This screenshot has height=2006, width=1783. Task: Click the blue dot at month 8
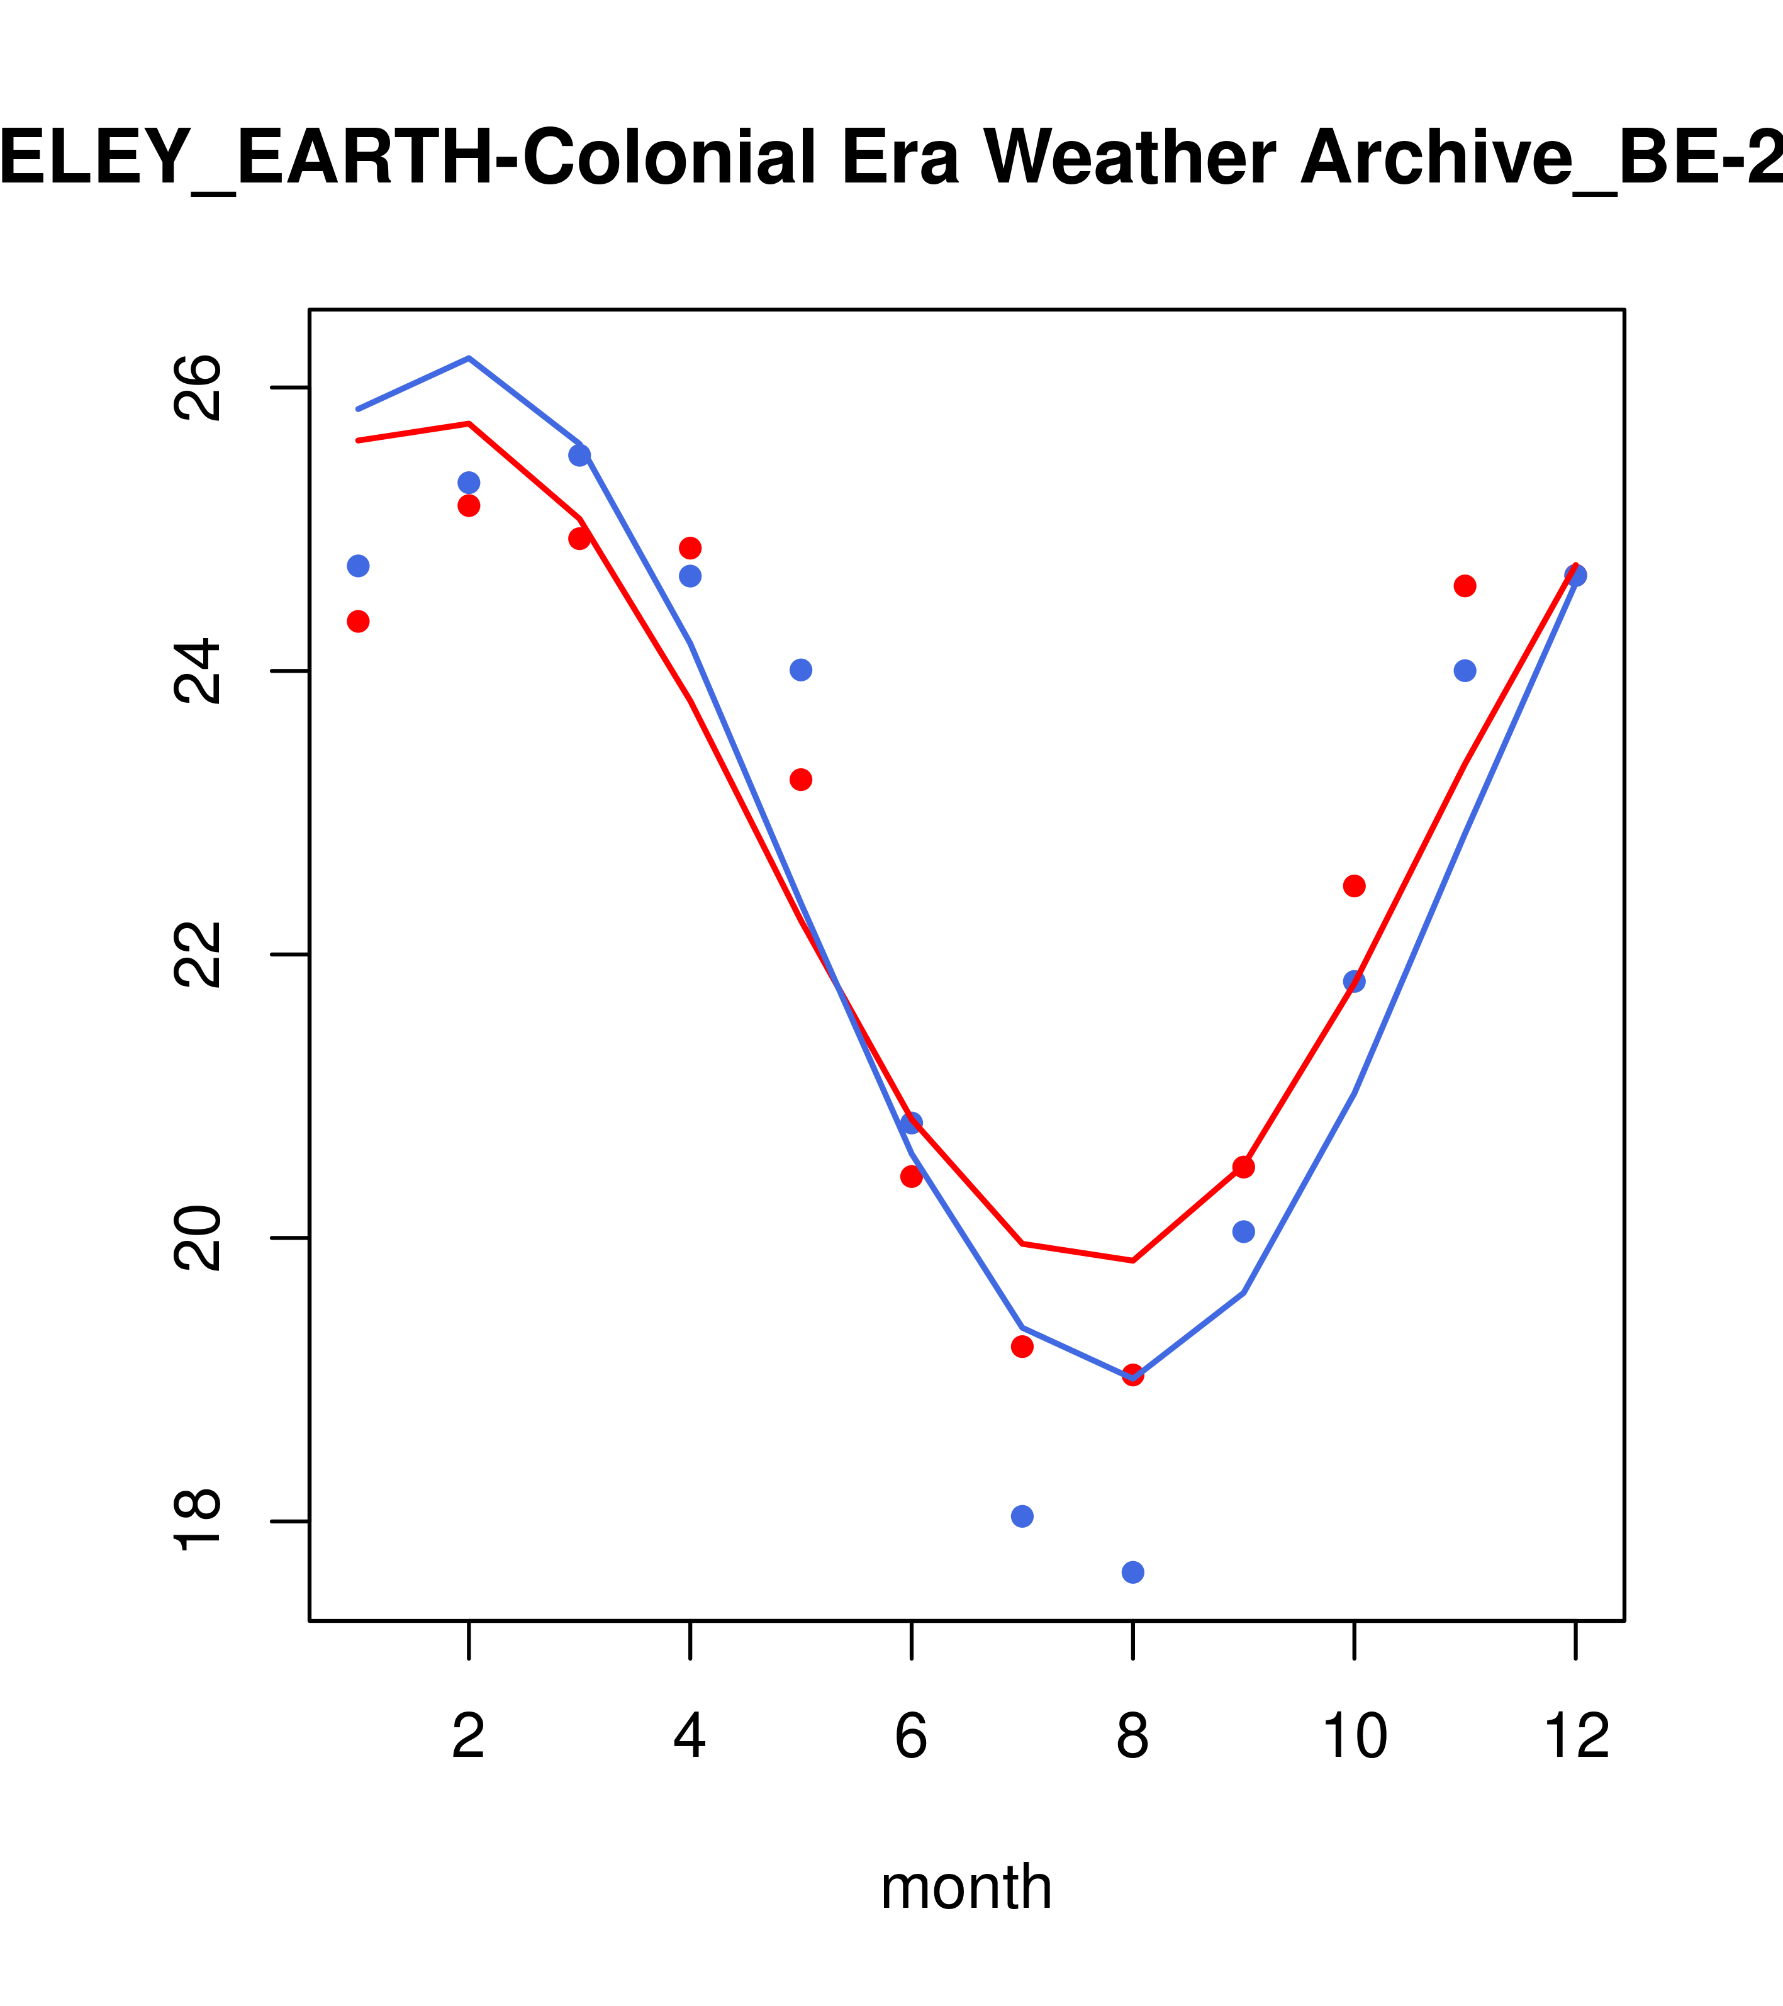1132,1572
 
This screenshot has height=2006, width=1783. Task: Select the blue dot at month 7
1022,1516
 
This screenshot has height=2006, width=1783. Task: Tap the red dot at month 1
358,621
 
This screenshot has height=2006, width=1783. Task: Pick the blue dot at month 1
358,566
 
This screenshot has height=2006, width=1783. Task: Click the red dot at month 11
1464,586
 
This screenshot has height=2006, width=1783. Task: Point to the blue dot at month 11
1464,670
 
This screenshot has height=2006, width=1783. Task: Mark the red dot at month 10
1354,886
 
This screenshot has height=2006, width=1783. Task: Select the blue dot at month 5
801,670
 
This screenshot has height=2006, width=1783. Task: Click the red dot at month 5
801,779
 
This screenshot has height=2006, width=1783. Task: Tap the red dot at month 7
1022,1347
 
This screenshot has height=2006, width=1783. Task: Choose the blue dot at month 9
1243,1231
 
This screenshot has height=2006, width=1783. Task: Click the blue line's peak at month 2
469,358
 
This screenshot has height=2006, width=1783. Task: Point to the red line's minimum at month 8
1132,1260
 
